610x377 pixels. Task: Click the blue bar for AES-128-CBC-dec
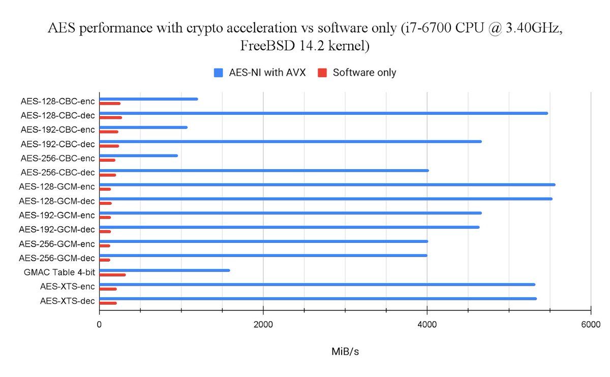coord(323,113)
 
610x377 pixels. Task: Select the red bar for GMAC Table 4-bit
coord(112,274)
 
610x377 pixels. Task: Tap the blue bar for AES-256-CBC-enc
coord(138,155)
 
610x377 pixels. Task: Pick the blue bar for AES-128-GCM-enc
coord(327,184)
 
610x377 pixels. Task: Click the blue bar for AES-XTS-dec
coord(318,298)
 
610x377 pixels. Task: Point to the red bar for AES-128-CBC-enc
coord(110,103)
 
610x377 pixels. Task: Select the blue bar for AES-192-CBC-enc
coord(143,127)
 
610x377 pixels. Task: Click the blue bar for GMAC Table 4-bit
coord(164,270)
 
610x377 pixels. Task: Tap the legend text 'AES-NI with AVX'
coord(267,73)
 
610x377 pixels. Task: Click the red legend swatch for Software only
coord(322,73)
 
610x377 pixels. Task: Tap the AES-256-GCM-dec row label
coord(56,258)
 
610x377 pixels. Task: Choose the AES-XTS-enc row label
coord(67,287)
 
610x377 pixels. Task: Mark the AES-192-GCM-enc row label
coord(56,215)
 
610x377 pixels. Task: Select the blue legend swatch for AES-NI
coord(219,73)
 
